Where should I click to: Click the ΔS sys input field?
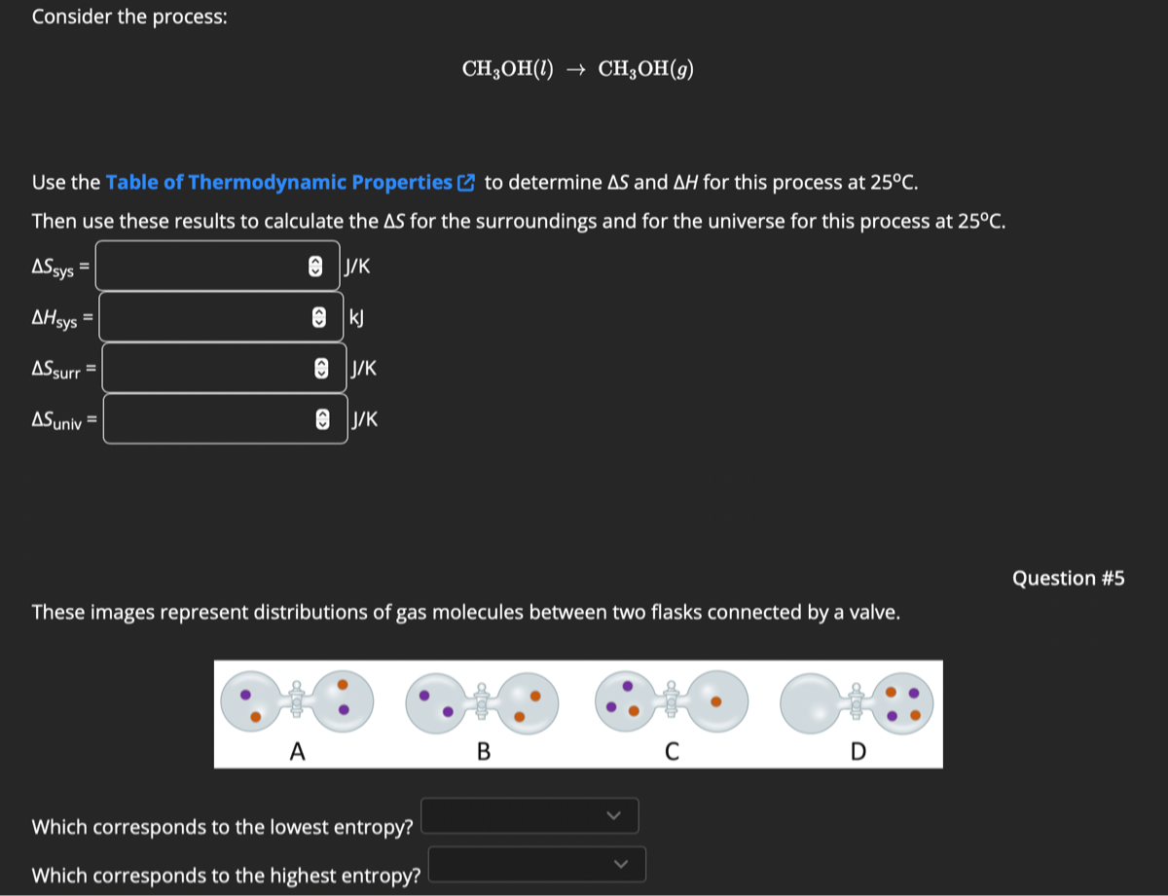204,266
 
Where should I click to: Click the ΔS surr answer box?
208,368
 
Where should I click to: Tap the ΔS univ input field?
210,419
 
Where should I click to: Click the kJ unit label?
355,317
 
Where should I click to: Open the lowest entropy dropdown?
529,815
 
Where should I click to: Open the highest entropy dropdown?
537,864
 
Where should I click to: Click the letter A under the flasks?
297,751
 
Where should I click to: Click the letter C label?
671,751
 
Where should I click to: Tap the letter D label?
857,751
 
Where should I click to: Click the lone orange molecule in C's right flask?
715,700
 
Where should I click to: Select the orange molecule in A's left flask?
255,717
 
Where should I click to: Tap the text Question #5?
1068,578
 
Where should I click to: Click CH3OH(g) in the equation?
645,69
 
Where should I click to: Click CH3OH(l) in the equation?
507,69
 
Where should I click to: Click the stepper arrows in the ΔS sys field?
314,267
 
